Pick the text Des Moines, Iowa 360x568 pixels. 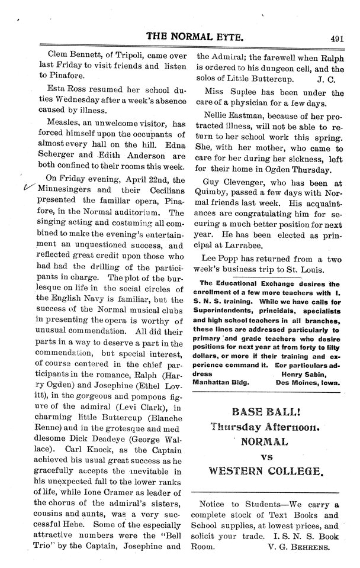307,382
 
